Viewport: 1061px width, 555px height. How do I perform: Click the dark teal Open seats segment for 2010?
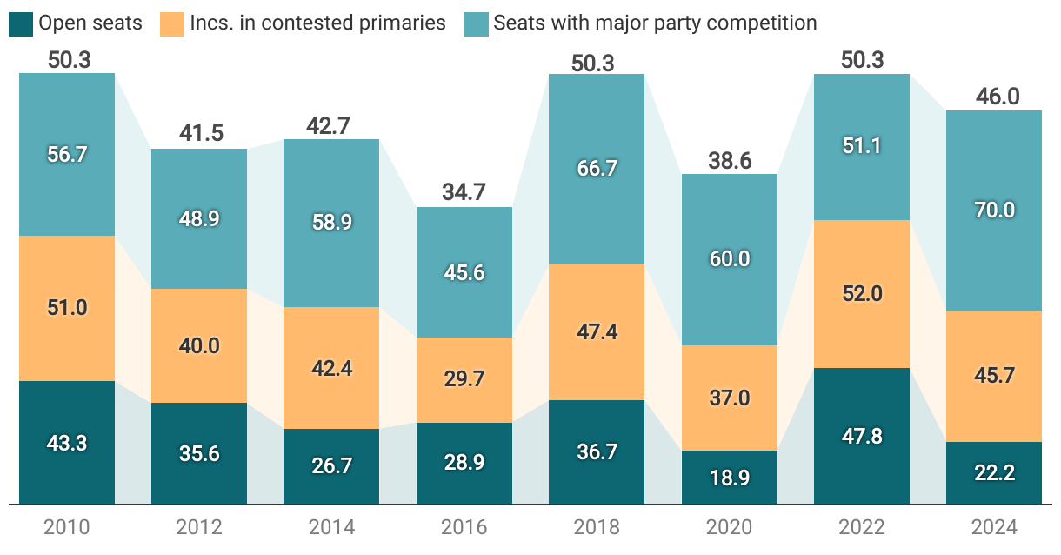click(x=67, y=442)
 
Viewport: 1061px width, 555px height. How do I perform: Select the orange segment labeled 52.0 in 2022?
click(x=861, y=294)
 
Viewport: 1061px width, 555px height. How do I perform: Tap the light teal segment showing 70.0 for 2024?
click(x=993, y=211)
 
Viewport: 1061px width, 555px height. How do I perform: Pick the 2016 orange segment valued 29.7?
click(x=464, y=379)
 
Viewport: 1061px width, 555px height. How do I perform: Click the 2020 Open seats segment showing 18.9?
click(x=729, y=477)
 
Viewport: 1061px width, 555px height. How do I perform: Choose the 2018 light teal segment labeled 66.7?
click(x=597, y=169)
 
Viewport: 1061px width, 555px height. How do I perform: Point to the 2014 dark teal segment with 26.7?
click(x=331, y=466)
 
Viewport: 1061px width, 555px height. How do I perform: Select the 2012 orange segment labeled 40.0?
click(x=199, y=345)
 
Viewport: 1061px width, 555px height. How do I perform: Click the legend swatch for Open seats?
click(x=21, y=23)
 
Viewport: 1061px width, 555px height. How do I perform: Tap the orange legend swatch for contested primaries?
click(x=171, y=23)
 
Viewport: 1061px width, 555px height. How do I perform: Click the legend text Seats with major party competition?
click(x=655, y=23)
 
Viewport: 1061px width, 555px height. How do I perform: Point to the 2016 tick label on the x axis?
click(x=464, y=527)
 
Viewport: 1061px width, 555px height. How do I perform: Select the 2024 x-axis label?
click(x=993, y=527)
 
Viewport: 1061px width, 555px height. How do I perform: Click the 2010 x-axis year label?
click(x=67, y=527)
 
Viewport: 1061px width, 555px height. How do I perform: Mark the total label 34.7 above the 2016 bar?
click(x=464, y=193)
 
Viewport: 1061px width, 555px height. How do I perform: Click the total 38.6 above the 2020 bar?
click(x=729, y=160)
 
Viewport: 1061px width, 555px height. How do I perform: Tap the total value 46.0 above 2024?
click(x=993, y=97)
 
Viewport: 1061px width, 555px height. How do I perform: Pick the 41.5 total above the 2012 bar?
click(x=199, y=134)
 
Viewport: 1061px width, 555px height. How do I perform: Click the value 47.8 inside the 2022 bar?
click(x=861, y=436)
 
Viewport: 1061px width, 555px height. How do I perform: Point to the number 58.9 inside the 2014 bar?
click(x=331, y=223)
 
